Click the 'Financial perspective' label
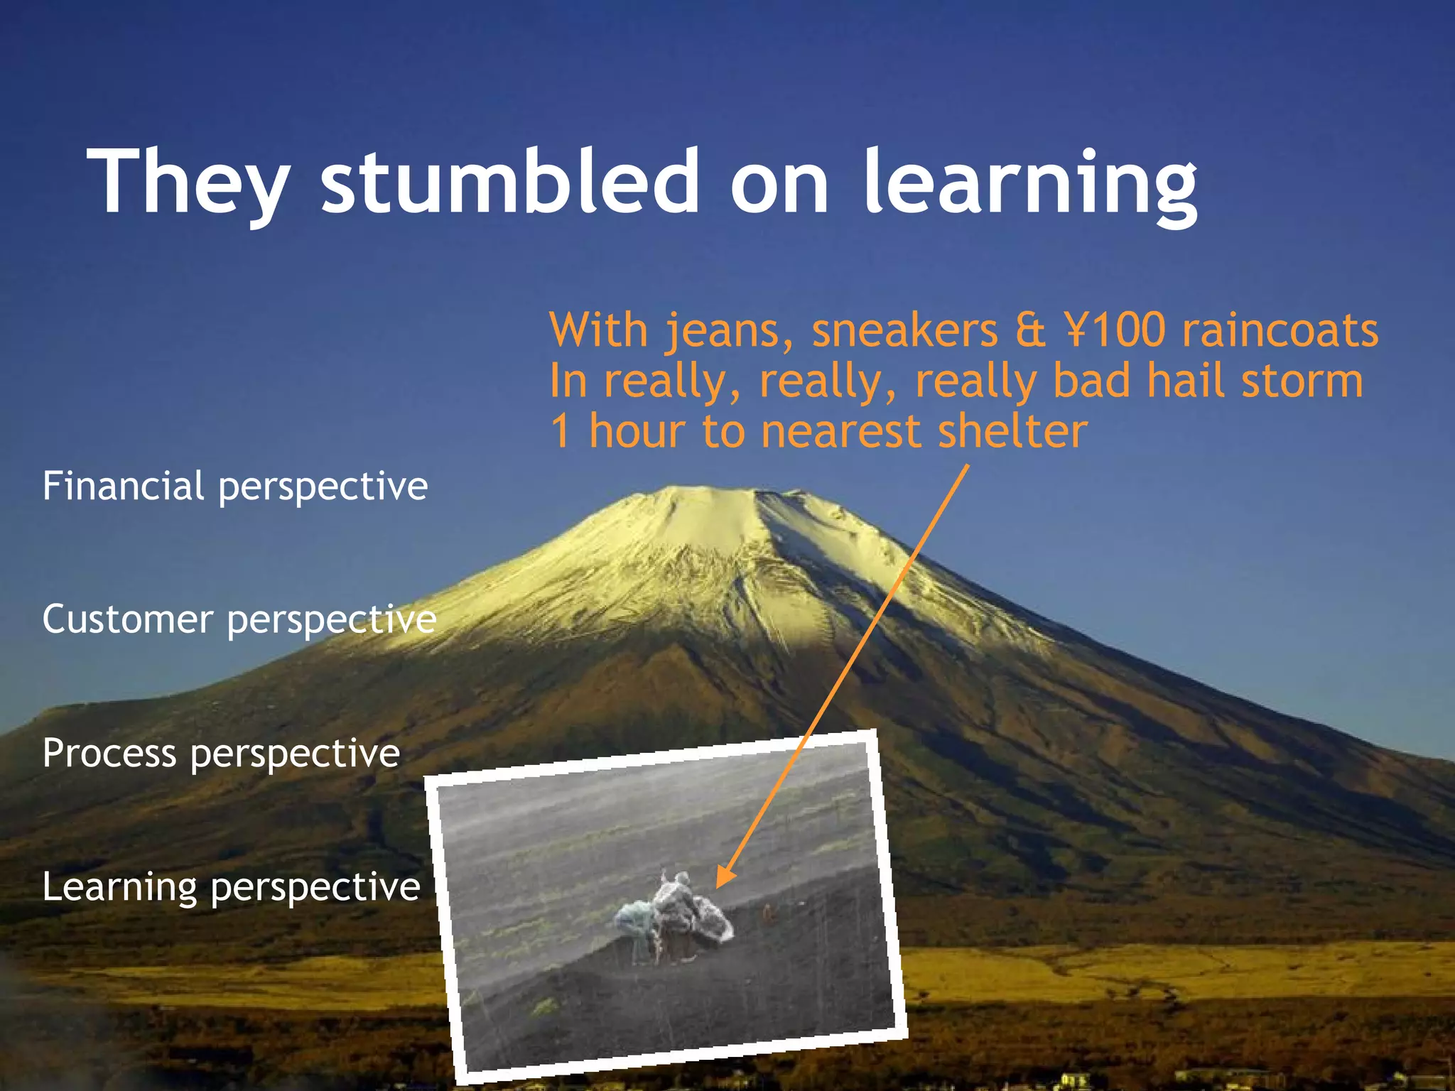pos(235,487)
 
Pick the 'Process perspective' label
pos(221,753)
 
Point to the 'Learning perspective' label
pos(231,886)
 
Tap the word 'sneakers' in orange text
pos(905,331)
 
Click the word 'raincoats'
pos(1280,331)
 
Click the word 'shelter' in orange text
pos(1012,431)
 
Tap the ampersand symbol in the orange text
pos(1030,331)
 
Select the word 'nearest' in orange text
pos(840,431)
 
